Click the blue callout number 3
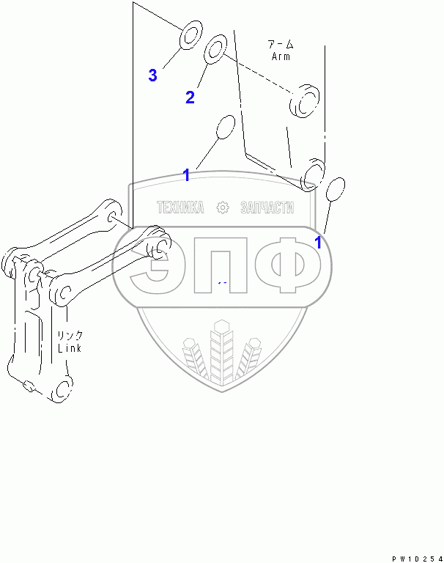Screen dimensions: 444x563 click(x=152, y=76)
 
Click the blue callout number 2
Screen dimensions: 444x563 click(x=190, y=97)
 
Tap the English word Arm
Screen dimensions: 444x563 click(x=281, y=56)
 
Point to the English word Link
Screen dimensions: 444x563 click(x=70, y=347)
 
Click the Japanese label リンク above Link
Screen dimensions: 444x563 click(x=70, y=336)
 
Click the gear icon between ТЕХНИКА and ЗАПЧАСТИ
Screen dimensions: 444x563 click(x=222, y=208)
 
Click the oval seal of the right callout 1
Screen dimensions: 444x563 click(x=334, y=190)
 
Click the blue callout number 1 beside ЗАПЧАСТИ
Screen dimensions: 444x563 click(x=319, y=241)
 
